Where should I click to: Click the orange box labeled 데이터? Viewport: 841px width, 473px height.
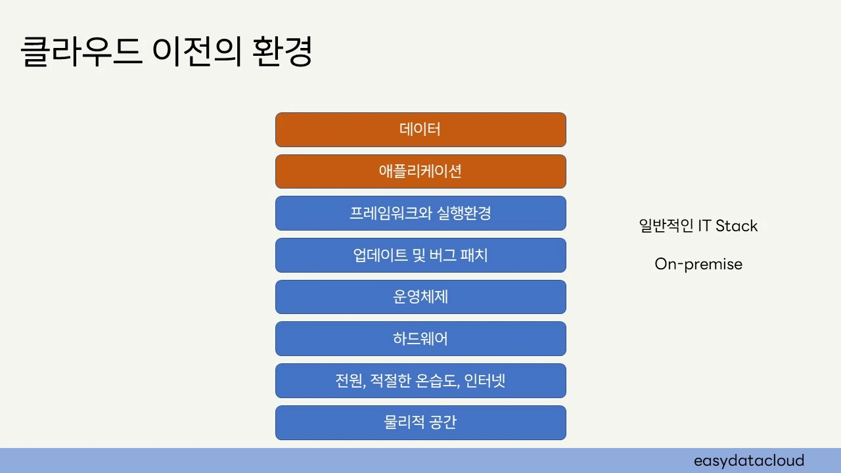[x=420, y=129]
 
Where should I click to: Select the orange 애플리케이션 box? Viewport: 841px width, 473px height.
[x=420, y=171]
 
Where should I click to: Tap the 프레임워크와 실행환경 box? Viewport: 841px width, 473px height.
[x=420, y=213]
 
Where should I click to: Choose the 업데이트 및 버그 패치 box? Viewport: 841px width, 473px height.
[x=420, y=255]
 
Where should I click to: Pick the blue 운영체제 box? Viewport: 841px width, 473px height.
[x=420, y=297]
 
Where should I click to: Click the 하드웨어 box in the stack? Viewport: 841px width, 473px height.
[x=420, y=338]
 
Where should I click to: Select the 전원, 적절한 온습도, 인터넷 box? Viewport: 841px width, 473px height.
[x=420, y=380]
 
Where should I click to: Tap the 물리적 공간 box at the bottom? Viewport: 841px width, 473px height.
[x=420, y=422]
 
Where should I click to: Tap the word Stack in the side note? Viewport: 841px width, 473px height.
[x=737, y=226]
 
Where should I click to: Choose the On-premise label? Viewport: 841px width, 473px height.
[x=698, y=264]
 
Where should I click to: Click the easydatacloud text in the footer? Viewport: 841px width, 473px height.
[x=749, y=461]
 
